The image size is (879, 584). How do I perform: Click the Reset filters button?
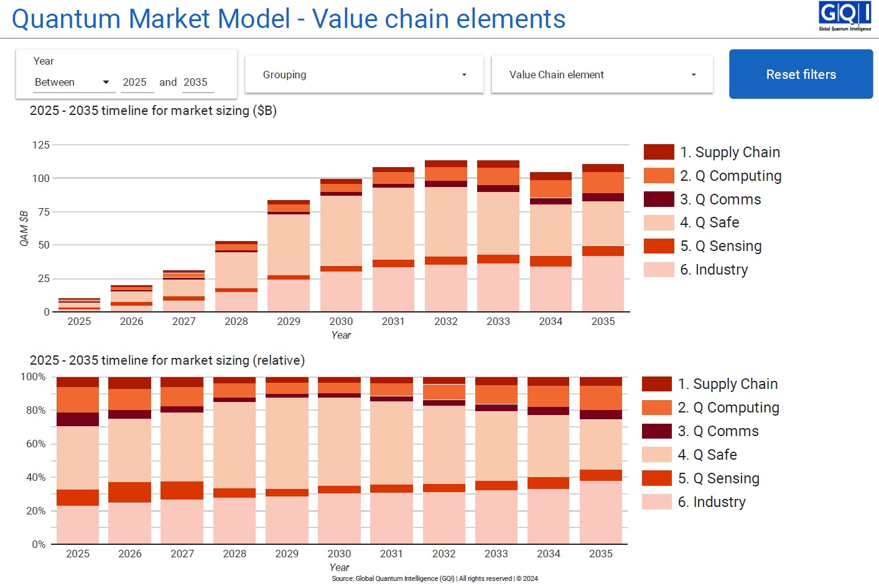point(801,75)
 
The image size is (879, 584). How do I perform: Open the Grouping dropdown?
point(364,75)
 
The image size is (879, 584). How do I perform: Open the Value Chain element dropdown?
point(602,75)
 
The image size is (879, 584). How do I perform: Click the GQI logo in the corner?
point(844,16)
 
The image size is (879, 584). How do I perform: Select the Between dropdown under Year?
point(72,82)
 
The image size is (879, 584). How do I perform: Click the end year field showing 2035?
point(196,82)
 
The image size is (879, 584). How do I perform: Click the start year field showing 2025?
point(135,82)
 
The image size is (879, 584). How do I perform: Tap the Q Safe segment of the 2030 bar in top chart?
point(341,230)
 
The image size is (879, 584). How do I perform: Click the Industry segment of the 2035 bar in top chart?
point(603,283)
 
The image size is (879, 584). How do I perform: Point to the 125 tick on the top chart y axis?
point(41,145)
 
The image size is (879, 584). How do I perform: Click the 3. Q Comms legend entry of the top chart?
point(720,199)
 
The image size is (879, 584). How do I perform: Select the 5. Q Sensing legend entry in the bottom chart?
point(718,478)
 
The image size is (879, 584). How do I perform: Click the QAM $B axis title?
point(24,229)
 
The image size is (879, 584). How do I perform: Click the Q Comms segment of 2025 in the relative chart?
point(78,419)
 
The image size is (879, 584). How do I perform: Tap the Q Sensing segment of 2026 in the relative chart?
point(129,492)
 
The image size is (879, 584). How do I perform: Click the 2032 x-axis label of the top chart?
point(445,321)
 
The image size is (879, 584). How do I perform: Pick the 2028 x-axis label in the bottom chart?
point(235,554)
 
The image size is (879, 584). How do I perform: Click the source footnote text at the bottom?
point(435,578)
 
